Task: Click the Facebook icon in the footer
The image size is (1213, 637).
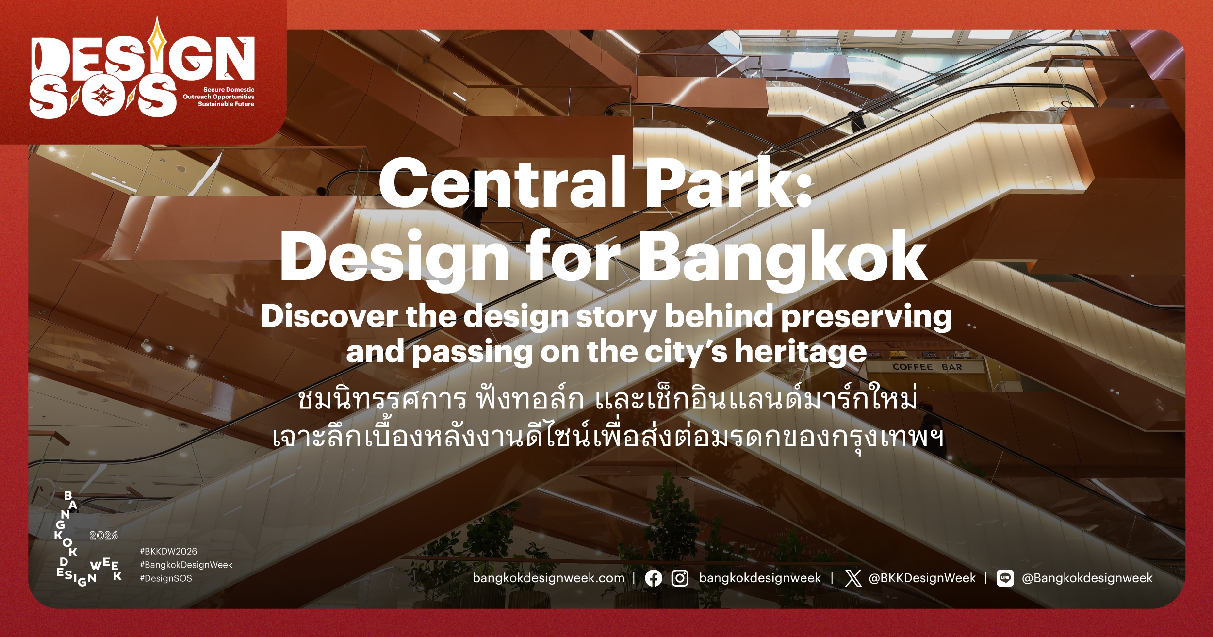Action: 654,578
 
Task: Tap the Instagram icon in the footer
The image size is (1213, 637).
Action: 680,578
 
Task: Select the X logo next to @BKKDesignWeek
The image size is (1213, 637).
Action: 853,578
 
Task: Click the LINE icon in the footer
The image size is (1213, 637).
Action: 1005,578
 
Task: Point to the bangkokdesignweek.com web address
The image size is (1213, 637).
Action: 548,578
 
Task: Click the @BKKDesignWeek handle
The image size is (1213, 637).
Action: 922,578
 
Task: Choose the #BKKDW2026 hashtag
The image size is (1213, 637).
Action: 168,551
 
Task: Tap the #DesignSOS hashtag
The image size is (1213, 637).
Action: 166,578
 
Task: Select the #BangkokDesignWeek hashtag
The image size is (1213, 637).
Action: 186,565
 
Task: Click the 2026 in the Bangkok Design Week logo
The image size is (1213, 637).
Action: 103,535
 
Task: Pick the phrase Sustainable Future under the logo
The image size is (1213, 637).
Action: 226,104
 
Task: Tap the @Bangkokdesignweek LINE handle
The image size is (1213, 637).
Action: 1087,578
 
